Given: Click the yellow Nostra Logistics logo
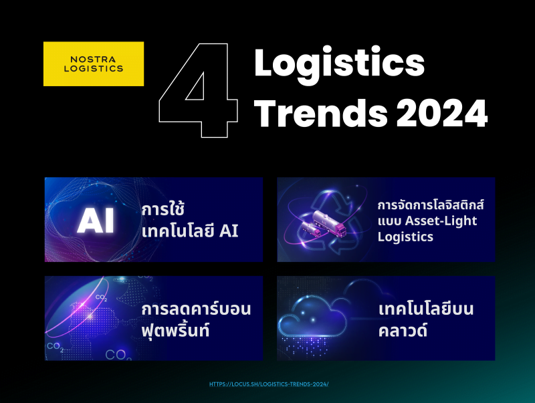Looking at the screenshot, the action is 94,63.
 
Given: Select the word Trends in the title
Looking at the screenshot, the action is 321,113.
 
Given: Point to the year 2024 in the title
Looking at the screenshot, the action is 442,113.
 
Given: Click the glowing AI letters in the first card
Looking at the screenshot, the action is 96,221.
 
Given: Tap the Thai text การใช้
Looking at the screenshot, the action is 163,209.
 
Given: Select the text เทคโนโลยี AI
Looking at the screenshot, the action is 190,231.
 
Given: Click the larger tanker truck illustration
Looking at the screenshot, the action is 329,222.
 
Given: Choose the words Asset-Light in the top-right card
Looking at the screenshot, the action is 441,221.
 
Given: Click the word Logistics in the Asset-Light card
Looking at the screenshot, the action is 405,237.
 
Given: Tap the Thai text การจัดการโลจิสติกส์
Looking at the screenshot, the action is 431,205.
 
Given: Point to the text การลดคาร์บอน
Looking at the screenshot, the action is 196,309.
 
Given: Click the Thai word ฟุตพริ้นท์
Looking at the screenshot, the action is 175,329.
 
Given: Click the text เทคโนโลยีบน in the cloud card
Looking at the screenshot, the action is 426,309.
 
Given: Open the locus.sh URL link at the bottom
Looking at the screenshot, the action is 269,384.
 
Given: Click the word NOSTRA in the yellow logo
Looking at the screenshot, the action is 93,59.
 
